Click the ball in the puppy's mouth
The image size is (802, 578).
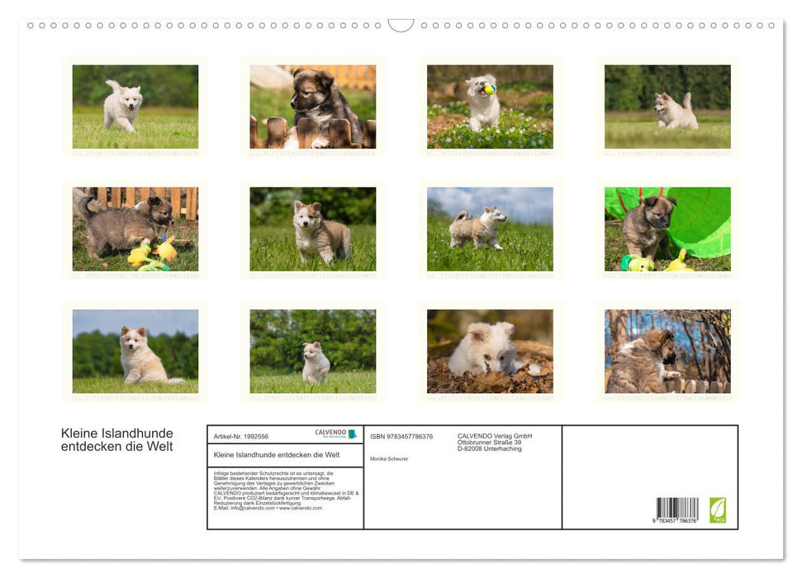[490, 89]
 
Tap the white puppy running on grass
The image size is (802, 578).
[123, 106]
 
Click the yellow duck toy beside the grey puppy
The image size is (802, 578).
[165, 249]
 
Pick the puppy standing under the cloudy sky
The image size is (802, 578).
[477, 228]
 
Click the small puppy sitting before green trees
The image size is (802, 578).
[315, 362]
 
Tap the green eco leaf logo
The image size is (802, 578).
[718, 509]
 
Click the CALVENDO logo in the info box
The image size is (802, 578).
[335, 433]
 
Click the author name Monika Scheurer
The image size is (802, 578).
[389, 458]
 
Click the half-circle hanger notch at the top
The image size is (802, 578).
[401, 26]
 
